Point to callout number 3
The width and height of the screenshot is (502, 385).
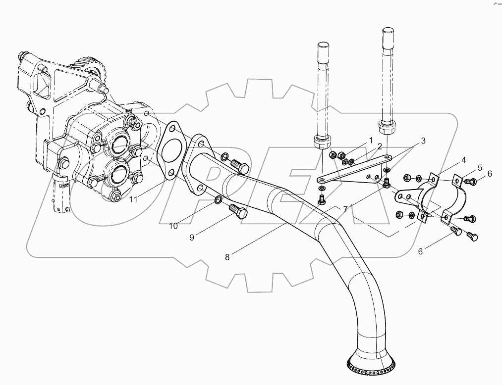pyautogui.click(x=423, y=141)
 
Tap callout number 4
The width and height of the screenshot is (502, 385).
pyautogui.click(x=463, y=159)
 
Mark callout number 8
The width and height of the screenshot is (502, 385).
pyautogui.click(x=227, y=257)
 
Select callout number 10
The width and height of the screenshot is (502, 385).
pyautogui.click(x=173, y=226)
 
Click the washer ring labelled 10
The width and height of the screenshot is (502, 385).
pyautogui.click(x=219, y=200)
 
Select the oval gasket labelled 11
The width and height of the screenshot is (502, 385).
pyautogui.click(x=171, y=148)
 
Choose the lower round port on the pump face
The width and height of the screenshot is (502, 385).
pyautogui.click(x=119, y=175)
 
